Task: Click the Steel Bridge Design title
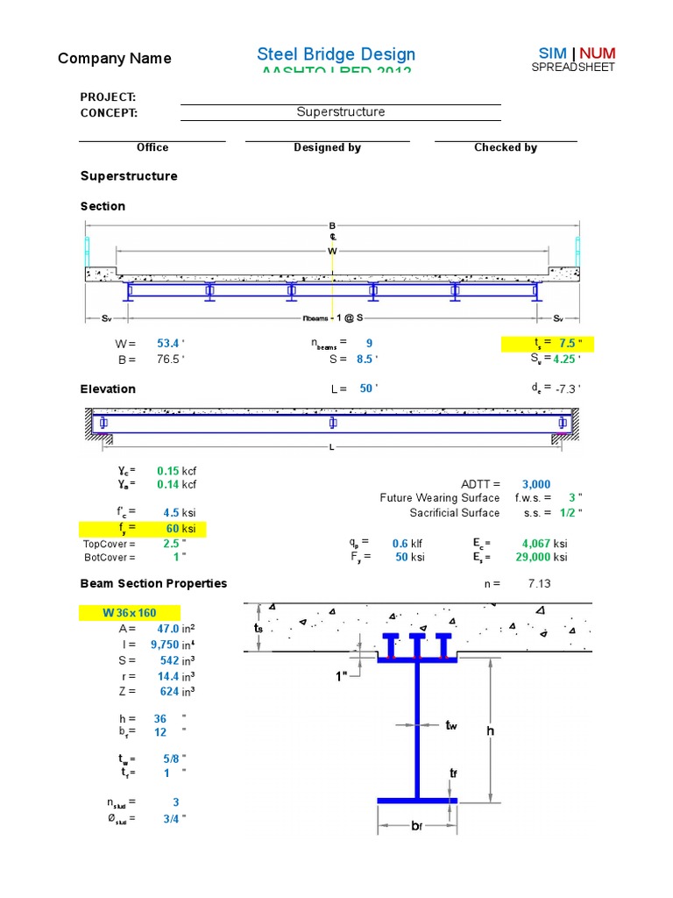click(336, 54)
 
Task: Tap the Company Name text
click(114, 59)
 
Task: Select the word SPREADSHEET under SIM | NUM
click(573, 68)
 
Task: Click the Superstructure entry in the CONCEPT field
click(340, 112)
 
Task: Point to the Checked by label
click(506, 147)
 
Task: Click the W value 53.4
click(166, 343)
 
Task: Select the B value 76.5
click(166, 359)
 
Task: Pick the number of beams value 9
click(370, 343)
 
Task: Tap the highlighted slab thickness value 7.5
click(568, 343)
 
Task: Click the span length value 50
click(365, 388)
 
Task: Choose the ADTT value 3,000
click(535, 484)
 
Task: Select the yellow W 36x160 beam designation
click(130, 613)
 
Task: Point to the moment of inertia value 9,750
click(165, 645)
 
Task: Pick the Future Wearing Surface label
click(439, 498)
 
